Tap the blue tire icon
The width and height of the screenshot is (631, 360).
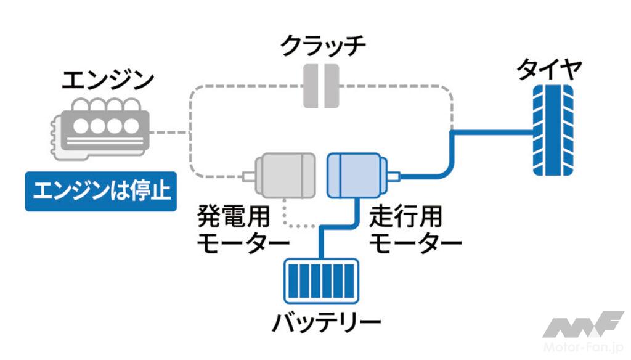tap(552, 130)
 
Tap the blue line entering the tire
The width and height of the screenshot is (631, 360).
tap(493, 131)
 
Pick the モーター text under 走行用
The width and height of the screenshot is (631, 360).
tap(414, 243)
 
